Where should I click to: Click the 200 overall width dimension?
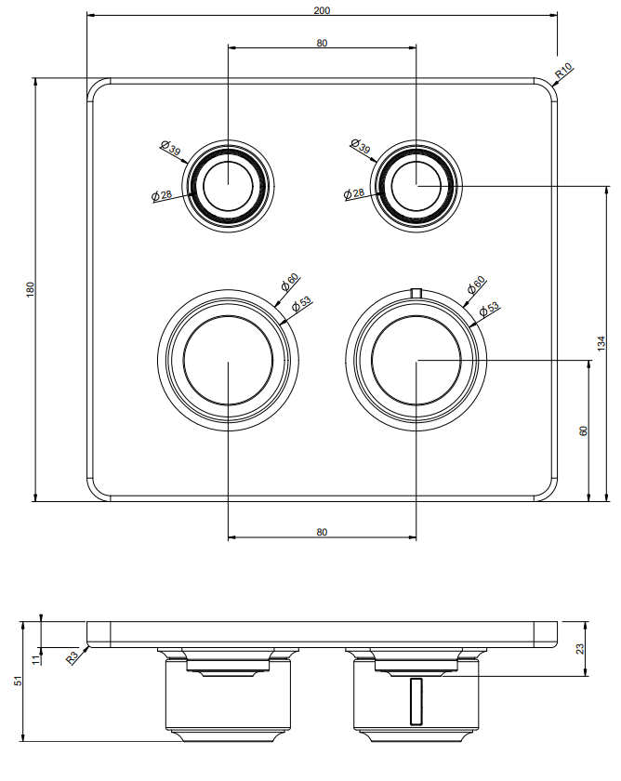point(322,10)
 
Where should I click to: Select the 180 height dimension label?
point(31,290)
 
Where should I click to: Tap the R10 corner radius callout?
point(563,72)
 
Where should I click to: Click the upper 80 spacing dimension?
point(322,44)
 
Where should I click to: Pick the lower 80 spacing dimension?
point(322,532)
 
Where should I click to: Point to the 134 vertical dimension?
point(601,343)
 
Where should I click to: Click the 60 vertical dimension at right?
point(584,430)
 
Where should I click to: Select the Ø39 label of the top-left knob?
point(171,148)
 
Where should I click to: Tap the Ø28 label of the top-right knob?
point(354,193)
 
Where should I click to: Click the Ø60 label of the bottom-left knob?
point(289,282)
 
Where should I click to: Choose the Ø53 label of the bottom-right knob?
point(489,310)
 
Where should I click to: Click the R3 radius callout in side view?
point(73,657)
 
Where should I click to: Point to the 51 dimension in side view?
point(19,681)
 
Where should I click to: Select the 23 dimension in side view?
point(580,649)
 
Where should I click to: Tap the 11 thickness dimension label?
point(34,659)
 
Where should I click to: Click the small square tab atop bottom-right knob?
point(416,293)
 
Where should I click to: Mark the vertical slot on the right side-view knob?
point(416,701)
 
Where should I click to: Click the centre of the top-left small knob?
point(228,186)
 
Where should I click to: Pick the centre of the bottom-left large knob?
point(228,360)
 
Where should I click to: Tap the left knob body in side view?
point(228,695)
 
